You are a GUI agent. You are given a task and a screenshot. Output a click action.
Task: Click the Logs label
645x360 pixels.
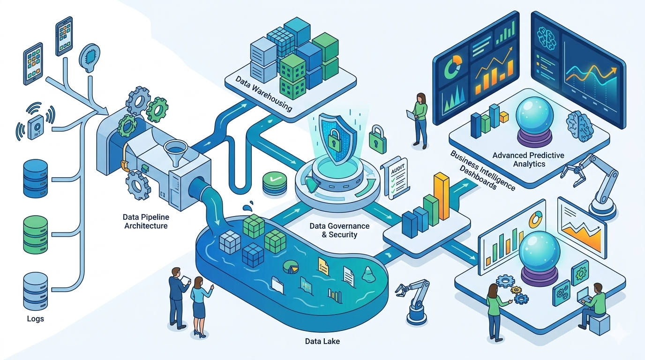tap(36, 319)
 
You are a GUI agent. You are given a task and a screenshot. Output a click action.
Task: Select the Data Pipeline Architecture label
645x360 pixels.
tap(145, 221)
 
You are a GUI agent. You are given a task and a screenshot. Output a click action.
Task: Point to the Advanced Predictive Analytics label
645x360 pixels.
tap(528, 159)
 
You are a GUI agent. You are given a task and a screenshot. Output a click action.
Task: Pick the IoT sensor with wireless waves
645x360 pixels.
tap(35, 125)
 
